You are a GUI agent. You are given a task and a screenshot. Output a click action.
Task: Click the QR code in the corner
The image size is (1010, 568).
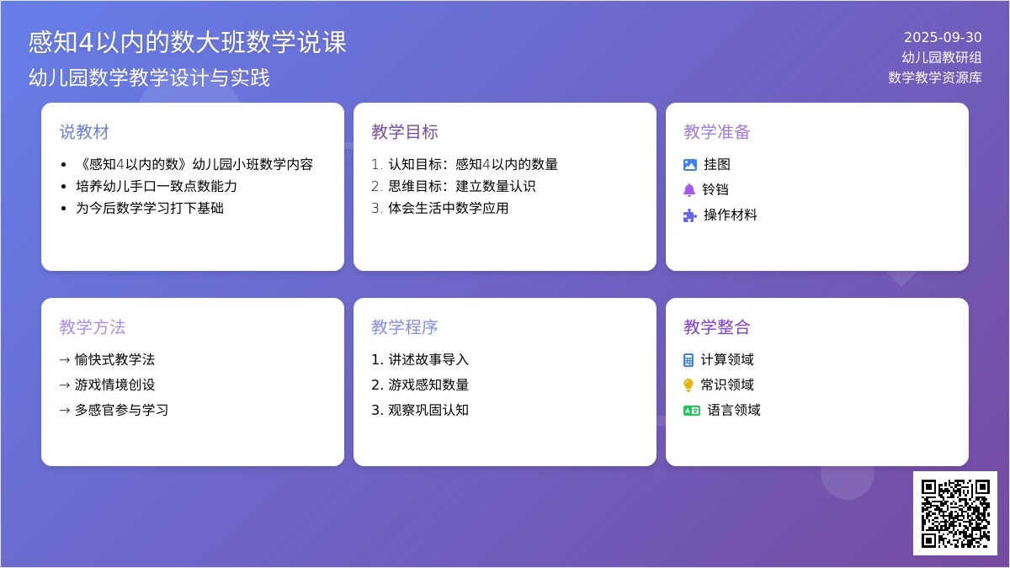955,513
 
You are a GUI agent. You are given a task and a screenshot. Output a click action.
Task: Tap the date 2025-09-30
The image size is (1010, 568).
943,37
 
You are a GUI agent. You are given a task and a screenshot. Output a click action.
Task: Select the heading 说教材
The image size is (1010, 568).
84,132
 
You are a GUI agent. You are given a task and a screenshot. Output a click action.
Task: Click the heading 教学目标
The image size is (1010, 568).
405,132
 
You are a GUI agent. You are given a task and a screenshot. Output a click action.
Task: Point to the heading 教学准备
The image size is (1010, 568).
716,132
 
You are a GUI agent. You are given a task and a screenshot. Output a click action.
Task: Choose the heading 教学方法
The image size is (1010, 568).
93,327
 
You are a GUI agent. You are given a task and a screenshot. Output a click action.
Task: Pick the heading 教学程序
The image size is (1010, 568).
405,327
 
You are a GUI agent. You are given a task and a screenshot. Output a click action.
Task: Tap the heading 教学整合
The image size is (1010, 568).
716,327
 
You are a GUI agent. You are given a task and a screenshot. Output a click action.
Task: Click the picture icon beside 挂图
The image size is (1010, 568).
690,165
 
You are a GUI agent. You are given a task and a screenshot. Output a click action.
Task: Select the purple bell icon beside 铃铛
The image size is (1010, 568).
689,190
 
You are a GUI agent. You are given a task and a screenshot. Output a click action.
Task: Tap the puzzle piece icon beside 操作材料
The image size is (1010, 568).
690,215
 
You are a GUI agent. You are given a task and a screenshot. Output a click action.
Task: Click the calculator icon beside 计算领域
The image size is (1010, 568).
688,360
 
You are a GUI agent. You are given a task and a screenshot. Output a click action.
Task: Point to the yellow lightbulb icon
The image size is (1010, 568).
688,385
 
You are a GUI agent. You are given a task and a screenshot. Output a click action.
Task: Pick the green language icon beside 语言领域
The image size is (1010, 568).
692,411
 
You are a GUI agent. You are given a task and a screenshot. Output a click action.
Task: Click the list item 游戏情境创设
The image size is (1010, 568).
114,385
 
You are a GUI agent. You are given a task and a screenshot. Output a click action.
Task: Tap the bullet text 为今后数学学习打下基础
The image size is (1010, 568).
150,209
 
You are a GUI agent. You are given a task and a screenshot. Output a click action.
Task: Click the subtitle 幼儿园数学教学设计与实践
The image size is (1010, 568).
149,77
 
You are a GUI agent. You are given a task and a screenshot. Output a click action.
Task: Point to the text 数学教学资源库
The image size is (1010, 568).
935,77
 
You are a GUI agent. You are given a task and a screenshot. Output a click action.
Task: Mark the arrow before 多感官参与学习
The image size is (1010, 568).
65,411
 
